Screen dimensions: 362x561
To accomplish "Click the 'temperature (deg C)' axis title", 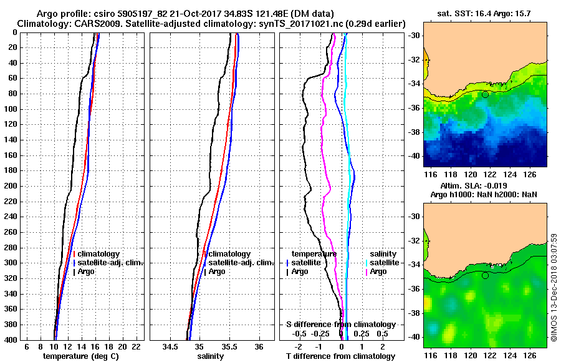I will pyautogui.click(x=80, y=356).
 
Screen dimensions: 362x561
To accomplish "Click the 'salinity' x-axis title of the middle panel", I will pyautogui.click(x=211, y=356).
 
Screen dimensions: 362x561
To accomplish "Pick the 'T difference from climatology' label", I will pyautogui.click(x=340, y=356).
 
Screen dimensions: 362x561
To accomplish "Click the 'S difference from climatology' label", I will pyautogui.click(x=340, y=325).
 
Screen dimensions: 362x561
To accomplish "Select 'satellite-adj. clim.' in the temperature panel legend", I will pyautogui.click(x=110, y=263).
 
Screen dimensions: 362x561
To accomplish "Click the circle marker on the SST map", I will pyautogui.click(x=486, y=94).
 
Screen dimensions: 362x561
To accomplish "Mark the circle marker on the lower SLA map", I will pyautogui.click(x=486, y=275).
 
